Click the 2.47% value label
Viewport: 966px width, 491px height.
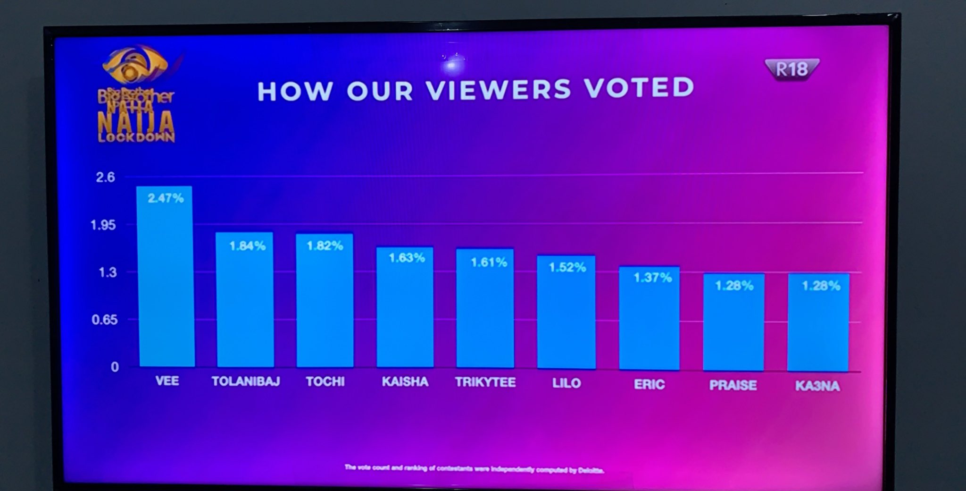pyautogui.click(x=166, y=198)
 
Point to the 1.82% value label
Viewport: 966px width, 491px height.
pyautogui.click(x=325, y=245)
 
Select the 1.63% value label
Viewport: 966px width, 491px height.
pyautogui.click(x=407, y=258)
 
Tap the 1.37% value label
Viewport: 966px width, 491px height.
pyautogui.click(x=652, y=278)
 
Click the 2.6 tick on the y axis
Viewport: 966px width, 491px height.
pyautogui.click(x=105, y=177)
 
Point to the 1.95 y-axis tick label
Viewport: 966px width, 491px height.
pyautogui.click(x=103, y=225)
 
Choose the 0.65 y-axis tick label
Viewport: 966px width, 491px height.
pyautogui.click(x=104, y=320)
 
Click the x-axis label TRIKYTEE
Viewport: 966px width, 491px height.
pyautogui.click(x=485, y=382)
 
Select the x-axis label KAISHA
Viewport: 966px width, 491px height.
pyautogui.click(x=405, y=381)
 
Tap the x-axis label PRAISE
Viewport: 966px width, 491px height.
pyautogui.click(x=733, y=385)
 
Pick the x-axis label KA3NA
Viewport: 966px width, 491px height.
pyautogui.click(x=817, y=386)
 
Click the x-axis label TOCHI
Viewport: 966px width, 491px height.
pyautogui.click(x=325, y=381)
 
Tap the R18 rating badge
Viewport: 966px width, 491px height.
pyautogui.click(x=791, y=69)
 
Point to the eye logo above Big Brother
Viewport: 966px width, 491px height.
pyautogui.click(x=135, y=66)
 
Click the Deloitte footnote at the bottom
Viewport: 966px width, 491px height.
pyautogui.click(x=474, y=469)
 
